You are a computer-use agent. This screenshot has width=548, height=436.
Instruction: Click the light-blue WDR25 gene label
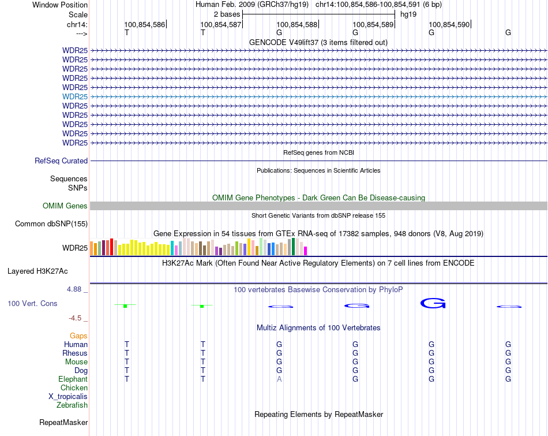pyautogui.click(x=75, y=96)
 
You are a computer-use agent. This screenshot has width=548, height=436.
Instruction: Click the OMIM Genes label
pyautogui.click(x=65, y=206)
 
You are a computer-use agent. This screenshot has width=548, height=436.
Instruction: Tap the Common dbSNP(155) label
pyautogui.click(x=51, y=224)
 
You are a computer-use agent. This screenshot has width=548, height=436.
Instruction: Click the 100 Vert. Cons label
pyautogui.click(x=32, y=304)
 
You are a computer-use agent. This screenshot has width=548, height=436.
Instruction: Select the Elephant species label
pyautogui.click(x=73, y=379)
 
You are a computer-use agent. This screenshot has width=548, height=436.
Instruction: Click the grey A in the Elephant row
pyautogui.click(x=279, y=379)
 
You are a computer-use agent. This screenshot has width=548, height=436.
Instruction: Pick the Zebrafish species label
pyautogui.click(x=72, y=405)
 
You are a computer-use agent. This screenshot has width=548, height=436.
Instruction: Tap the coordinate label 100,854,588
pyautogui.click(x=297, y=24)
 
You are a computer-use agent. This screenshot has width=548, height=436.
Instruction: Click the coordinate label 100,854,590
pyautogui.click(x=449, y=24)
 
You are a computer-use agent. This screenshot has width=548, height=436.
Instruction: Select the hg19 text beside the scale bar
pyautogui.click(x=408, y=14)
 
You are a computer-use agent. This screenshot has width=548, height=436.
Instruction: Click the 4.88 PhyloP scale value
pyautogui.click(x=75, y=289)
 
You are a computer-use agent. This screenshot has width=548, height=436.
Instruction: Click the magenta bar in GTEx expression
pyautogui.click(x=306, y=251)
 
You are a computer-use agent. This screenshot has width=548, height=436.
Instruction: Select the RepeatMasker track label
pyautogui.click(x=63, y=423)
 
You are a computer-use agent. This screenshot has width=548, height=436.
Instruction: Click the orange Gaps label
pyautogui.click(x=78, y=336)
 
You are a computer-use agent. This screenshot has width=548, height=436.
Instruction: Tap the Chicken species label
pyautogui.click(x=74, y=388)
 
